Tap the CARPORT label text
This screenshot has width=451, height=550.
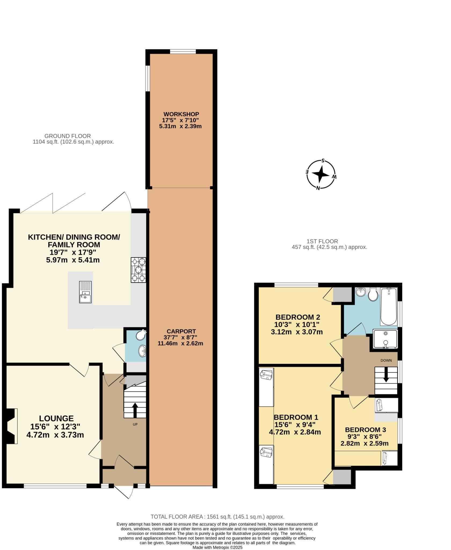click(x=181, y=331)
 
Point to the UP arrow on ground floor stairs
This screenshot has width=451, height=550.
click(x=135, y=410)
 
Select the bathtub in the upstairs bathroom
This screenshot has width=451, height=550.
click(x=388, y=306)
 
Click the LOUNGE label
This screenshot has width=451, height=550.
click(x=56, y=418)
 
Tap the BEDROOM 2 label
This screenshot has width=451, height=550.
click(x=298, y=317)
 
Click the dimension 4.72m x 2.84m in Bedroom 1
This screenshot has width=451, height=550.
click(x=295, y=432)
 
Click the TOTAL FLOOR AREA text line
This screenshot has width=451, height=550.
click(x=217, y=517)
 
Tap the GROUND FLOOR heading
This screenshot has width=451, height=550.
click(x=68, y=136)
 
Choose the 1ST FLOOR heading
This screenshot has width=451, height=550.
click(x=322, y=241)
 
